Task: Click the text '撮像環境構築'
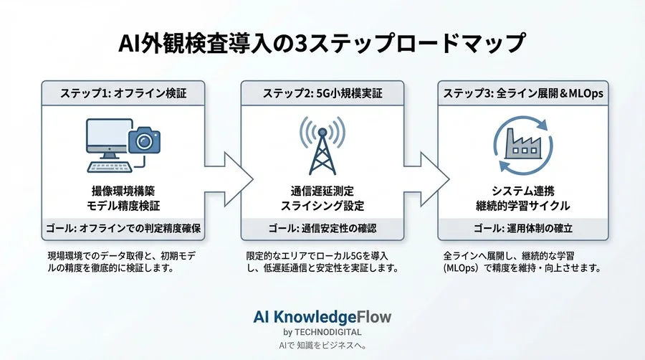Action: pyautogui.click(x=123, y=191)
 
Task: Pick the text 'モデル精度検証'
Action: pyautogui.click(x=123, y=206)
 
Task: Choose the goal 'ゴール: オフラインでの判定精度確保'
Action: pyautogui.click(x=123, y=229)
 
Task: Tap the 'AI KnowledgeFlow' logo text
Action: pyautogui.click(x=322, y=316)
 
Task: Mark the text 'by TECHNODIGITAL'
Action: pyautogui.click(x=322, y=332)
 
